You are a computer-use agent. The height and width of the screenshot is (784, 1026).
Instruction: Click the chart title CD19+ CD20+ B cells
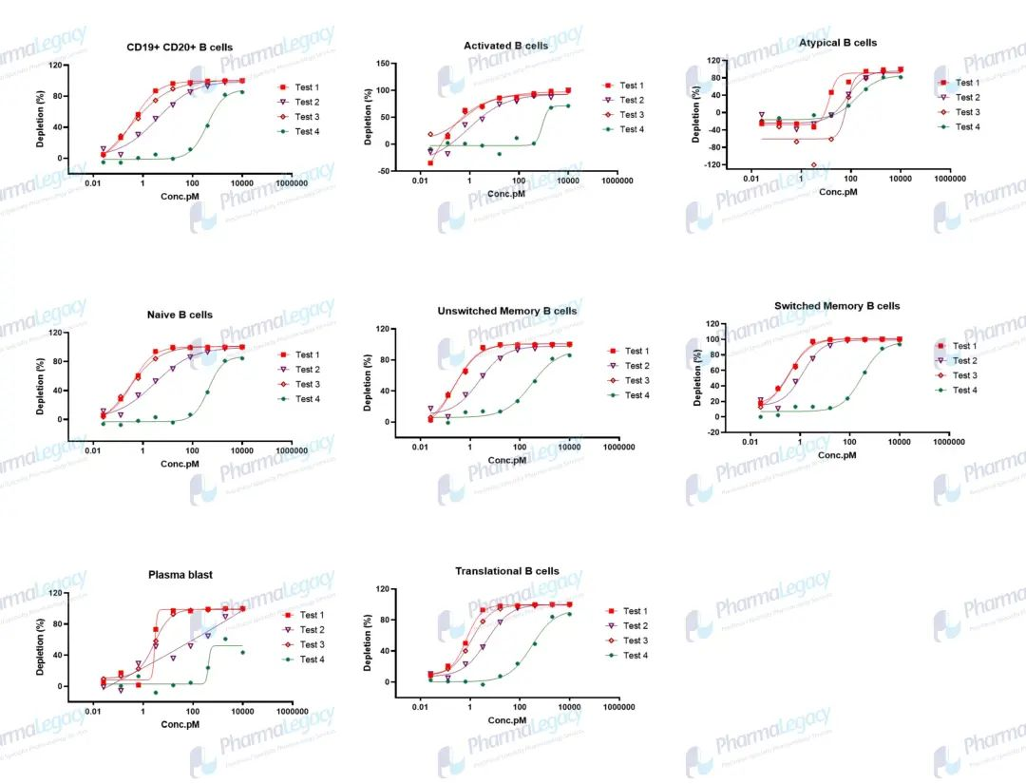(x=180, y=47)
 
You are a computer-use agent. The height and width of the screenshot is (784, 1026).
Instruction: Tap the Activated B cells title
(x=505, y=46)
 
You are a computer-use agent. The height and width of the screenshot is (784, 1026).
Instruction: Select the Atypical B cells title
(x=837, y=43)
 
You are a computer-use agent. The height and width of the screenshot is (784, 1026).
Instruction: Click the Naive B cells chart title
(x=180, y=315)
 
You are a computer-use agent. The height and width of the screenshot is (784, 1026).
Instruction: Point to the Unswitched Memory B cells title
(x=506, y=311)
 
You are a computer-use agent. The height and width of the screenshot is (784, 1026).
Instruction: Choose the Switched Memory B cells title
(x=837, y=306)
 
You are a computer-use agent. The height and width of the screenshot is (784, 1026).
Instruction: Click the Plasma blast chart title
(x=180, y=575)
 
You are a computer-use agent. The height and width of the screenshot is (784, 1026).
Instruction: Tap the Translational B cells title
(x=506, y=571)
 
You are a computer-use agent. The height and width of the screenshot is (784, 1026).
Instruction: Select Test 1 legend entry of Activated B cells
(x=631, y=86)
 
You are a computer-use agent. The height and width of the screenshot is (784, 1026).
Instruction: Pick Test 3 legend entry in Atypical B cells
(x=966, y=112)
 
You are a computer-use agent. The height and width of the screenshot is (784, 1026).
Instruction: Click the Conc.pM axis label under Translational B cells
(x=506, y=720)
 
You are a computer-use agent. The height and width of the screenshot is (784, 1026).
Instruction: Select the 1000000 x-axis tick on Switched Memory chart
(x=947, y=442)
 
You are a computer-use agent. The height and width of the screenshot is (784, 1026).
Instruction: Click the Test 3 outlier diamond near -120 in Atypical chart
(x=813, y=164)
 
